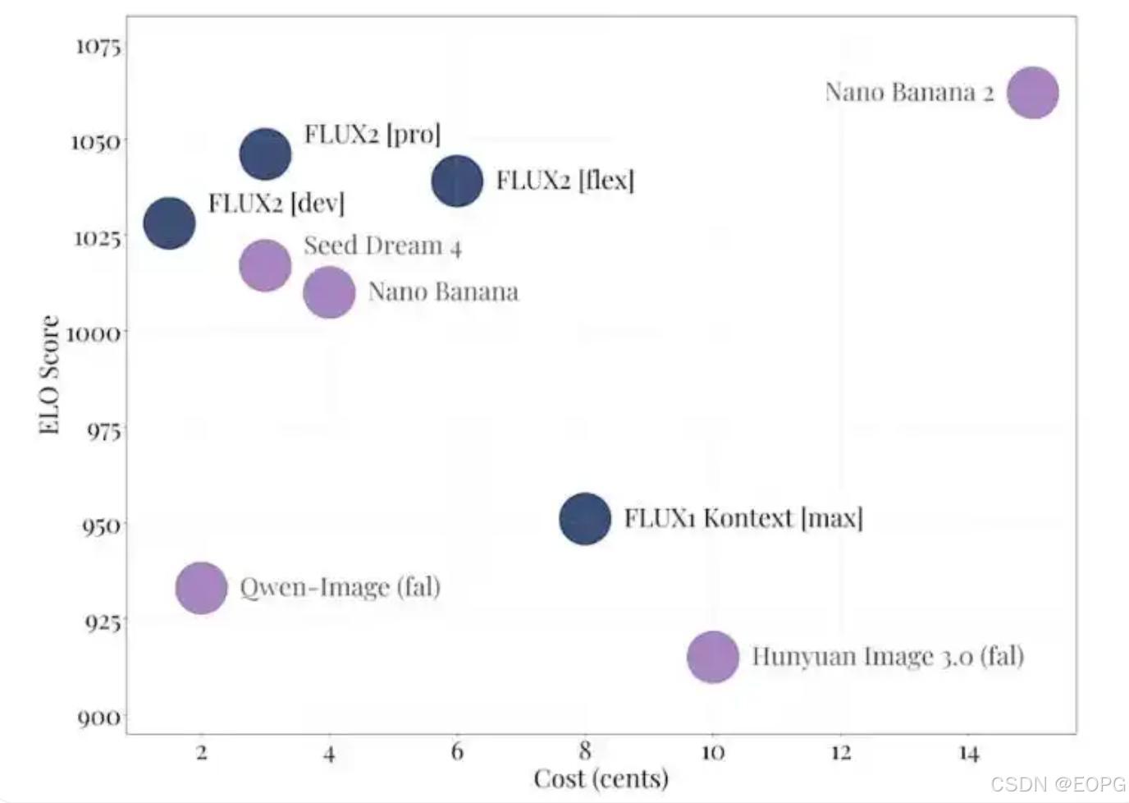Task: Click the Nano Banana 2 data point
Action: pyautogui.click(x=1032, y=93)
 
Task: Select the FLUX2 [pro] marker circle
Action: pyautogui.click(x=265, y=154)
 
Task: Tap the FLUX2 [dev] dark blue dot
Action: pyautogui.click(x=169, y=223)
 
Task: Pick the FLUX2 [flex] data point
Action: pyautogui.click(x=457, y=181)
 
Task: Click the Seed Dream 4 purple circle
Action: pyautogui.click(x=265, y=265)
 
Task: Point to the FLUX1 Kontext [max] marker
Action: pyautogui.click(x=585, y=519)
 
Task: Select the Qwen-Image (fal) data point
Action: pyautogui.click(x=201, y=588)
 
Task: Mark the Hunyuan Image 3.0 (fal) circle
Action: pyautogui.click(x=713, y=657)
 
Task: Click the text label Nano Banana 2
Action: pyautogui.click(x=908, y=92)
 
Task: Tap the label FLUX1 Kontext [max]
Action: pyautogui.click(x=743, y=518)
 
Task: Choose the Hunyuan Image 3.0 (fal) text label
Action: pyautogui.click(x=887, y=656)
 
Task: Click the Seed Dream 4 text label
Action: pyautogui.click(x=382, y=245)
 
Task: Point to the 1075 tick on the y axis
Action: pyautogui.click(x=98, y=46)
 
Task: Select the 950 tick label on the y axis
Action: pyautogui.click(x=102, y=525)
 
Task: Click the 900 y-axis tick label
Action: pyautogui.click(x=99, y=718)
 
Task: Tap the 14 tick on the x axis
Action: pyautogui.click(x=968, y=753)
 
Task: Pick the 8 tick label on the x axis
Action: pyautogui.click(x=584, y=751)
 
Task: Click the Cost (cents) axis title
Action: pyautogui.click(x=601, y=778)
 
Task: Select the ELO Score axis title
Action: pyautogui.click(x=49, y=374)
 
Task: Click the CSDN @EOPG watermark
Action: pyautogui.click(x=1058, y=784)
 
